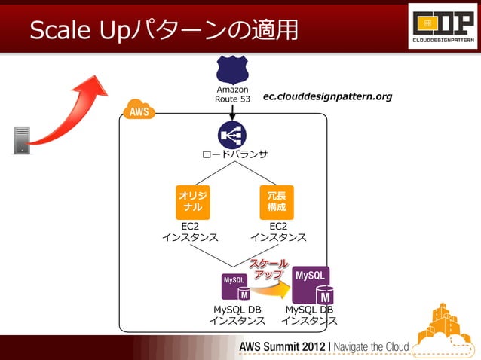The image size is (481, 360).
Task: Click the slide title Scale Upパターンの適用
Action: click(163, 30)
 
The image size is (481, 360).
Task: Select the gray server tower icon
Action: click(22, 139)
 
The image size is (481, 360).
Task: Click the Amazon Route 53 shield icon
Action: click(232, 70)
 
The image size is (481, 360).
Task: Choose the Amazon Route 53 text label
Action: click(232, 94)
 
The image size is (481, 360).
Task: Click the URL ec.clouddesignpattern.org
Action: click(327, 97)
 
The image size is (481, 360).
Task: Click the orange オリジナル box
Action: click(192, 201)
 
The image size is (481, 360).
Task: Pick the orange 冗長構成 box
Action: click(276, 201)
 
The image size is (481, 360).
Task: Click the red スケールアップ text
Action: click(268, 270)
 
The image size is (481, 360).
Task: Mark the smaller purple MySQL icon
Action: click(235, 287)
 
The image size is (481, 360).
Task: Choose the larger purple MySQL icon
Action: click(311, 284)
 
